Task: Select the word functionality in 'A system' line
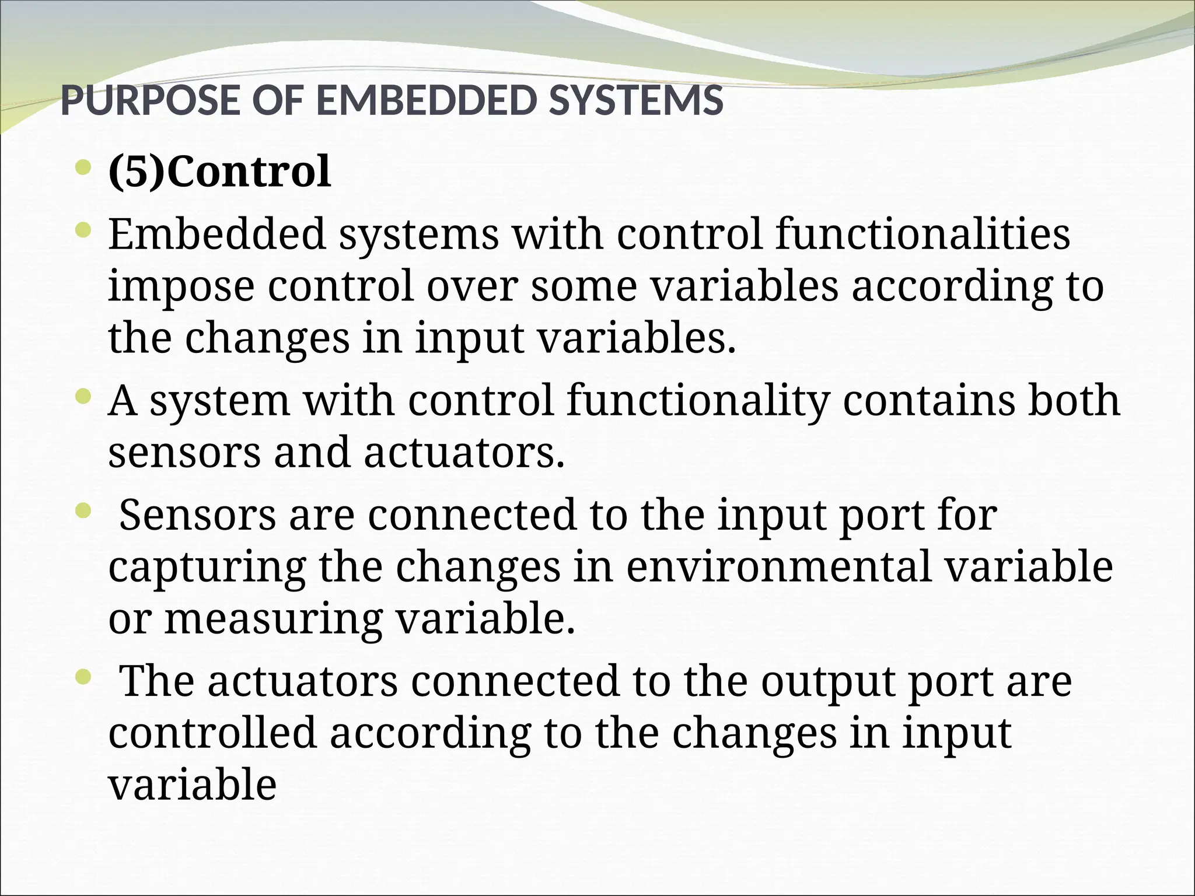coord(698,401)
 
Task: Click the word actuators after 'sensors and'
coord(464,453)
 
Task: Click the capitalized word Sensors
coord(197,515)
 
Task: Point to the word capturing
coord(208,568)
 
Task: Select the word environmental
coord(778,566)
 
